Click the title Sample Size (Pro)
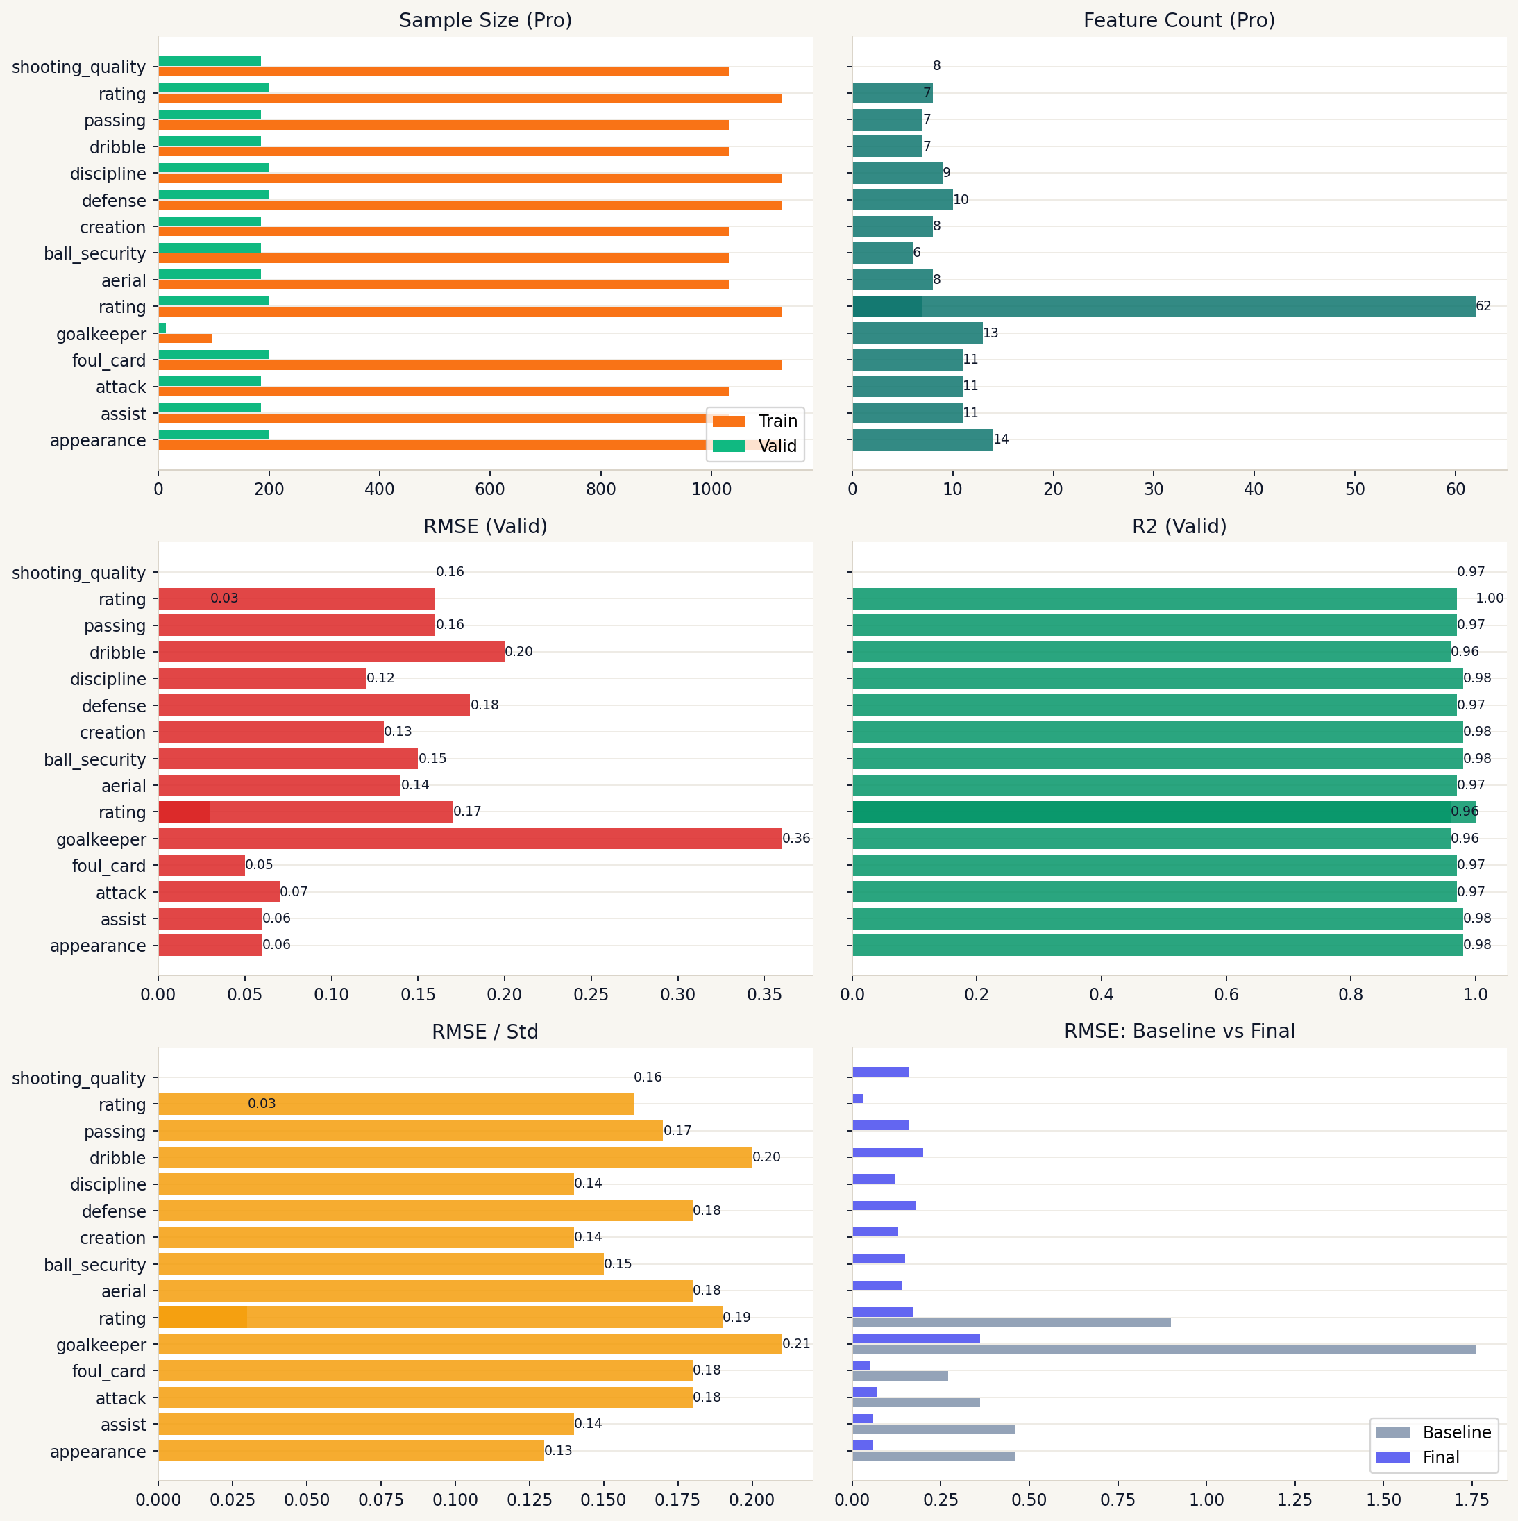coord(485,20)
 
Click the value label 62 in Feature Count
coord(1483,306)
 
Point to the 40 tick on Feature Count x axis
coord(1254,489)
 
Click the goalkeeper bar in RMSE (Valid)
coord(469,839)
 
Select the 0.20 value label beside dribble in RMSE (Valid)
coord(519,652)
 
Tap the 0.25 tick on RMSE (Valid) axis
coord(591,994)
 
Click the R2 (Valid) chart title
coord(1179,526)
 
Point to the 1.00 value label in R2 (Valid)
coord(1489,598)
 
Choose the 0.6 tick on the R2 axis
coord(1226,994)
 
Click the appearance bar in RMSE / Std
coord(351,1451)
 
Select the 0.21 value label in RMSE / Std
coord(796,1344)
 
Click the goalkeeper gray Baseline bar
coord(1163,1350)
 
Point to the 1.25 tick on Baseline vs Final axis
coord(1294,1499)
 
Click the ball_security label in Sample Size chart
coord(94,253)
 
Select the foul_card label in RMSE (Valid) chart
coord(109,866)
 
